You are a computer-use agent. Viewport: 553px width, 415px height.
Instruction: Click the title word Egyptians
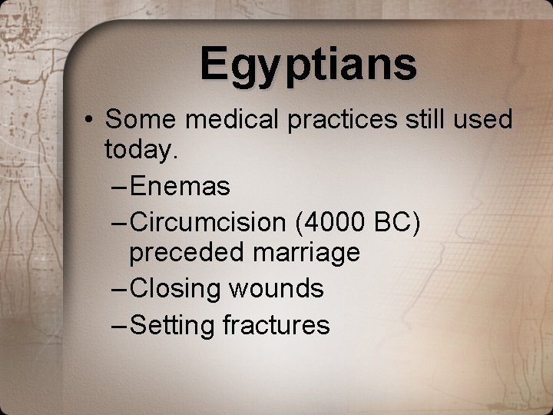click(309, 65)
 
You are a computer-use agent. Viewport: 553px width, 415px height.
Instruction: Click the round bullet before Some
click(91, 120)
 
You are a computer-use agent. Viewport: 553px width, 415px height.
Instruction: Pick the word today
click(141, 151)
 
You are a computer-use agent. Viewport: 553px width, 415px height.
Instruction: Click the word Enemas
click(180, 185)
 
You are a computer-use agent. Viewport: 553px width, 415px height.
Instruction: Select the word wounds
click(276, 289)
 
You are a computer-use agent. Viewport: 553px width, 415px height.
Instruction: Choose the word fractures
click(276, 325)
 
